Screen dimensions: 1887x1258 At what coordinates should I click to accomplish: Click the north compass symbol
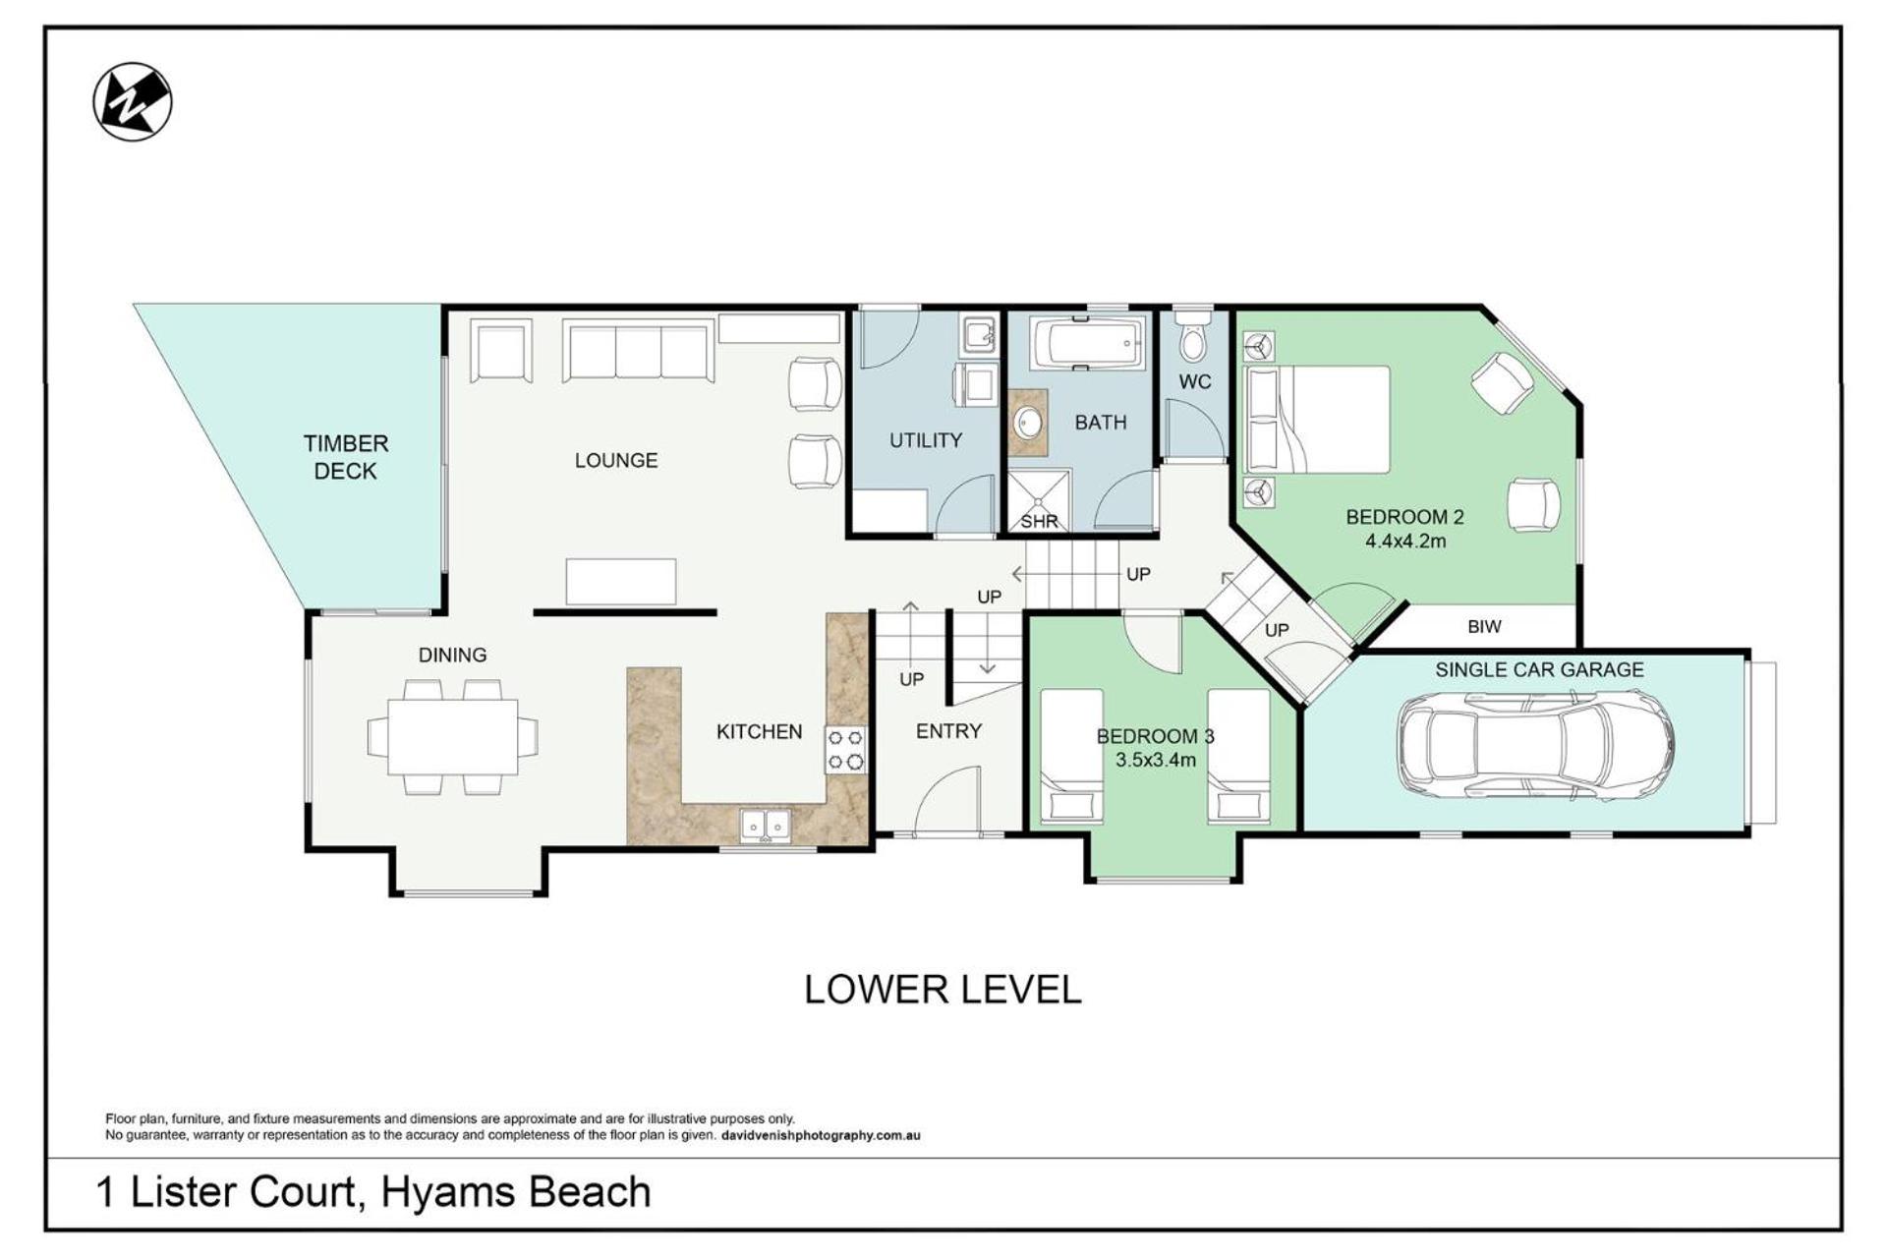133,101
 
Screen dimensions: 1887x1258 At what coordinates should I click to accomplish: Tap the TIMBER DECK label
346,457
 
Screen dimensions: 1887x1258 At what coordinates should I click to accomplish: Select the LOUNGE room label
616,460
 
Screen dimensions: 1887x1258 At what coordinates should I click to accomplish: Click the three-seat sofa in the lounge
638,350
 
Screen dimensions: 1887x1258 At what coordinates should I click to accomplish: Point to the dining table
453,736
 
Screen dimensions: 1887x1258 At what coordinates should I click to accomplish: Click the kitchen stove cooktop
845,749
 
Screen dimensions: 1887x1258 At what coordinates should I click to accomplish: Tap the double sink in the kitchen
766,825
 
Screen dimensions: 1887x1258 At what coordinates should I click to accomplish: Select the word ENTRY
948,731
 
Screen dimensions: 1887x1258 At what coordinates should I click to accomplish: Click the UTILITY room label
926,440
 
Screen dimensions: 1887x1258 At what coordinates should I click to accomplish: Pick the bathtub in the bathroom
1088,343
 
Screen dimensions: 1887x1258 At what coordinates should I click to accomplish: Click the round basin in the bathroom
1029,424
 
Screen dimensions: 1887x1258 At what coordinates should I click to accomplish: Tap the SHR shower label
1039,521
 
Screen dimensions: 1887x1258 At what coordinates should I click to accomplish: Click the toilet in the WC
1194,335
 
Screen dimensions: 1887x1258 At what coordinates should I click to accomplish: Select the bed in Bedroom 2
1317,420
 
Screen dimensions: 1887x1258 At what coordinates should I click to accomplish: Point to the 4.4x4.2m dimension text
1405,541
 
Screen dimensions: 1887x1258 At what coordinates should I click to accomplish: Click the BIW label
1484,626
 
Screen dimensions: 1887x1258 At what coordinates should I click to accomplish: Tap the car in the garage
1536,745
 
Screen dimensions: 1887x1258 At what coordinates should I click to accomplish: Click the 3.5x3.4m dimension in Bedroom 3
1156,760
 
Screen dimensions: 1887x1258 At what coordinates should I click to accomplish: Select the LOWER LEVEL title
943,990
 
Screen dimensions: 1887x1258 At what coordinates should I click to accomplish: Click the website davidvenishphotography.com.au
821,1136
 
